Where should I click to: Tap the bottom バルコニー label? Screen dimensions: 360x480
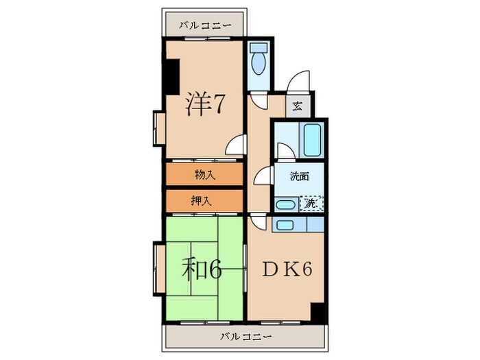(246, 337)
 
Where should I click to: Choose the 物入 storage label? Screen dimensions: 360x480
(204, 175)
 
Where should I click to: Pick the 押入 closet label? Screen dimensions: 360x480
(204, 201)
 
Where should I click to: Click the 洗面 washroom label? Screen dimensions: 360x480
(299, 176)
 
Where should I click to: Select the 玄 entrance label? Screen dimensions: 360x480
(298, 106)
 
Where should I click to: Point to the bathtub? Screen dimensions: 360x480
(313, 139)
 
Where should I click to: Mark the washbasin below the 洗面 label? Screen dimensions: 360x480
(283, 204)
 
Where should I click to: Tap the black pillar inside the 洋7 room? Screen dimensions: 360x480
(171, 77)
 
